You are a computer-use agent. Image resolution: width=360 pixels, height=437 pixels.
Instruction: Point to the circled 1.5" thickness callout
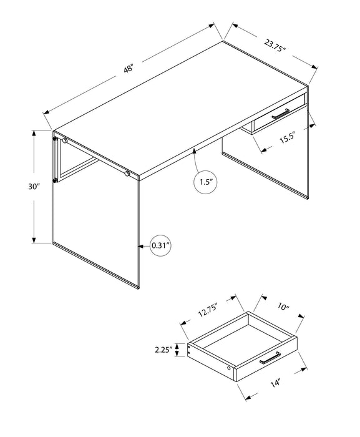[x=206, y=183]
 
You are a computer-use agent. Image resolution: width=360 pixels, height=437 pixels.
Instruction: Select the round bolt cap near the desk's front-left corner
[x=64, y=142]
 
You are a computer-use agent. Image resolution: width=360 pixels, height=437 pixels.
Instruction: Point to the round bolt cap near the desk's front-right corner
[x=127, y=172]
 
